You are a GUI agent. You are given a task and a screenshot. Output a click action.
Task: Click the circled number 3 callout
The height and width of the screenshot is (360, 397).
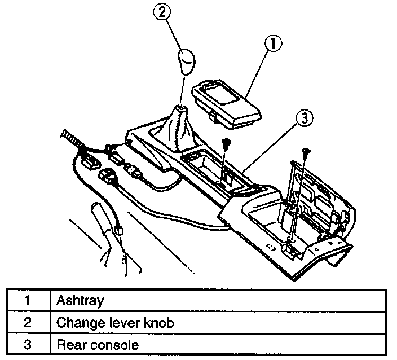coord(303,118)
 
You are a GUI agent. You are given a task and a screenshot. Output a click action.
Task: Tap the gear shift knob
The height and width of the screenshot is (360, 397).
coord(186,62)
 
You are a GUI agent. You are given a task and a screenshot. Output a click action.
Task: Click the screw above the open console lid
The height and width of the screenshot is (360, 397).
coord(306,151)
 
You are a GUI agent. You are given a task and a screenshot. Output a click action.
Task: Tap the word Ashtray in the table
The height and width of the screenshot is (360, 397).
coord(80,300)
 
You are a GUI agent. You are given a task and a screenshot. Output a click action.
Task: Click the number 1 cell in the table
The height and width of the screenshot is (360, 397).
coord(27,300)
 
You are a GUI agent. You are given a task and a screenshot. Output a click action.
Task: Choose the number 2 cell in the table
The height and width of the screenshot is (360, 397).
coord(27,322)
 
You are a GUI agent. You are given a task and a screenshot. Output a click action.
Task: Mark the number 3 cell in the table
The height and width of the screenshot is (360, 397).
coord(27,344)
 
